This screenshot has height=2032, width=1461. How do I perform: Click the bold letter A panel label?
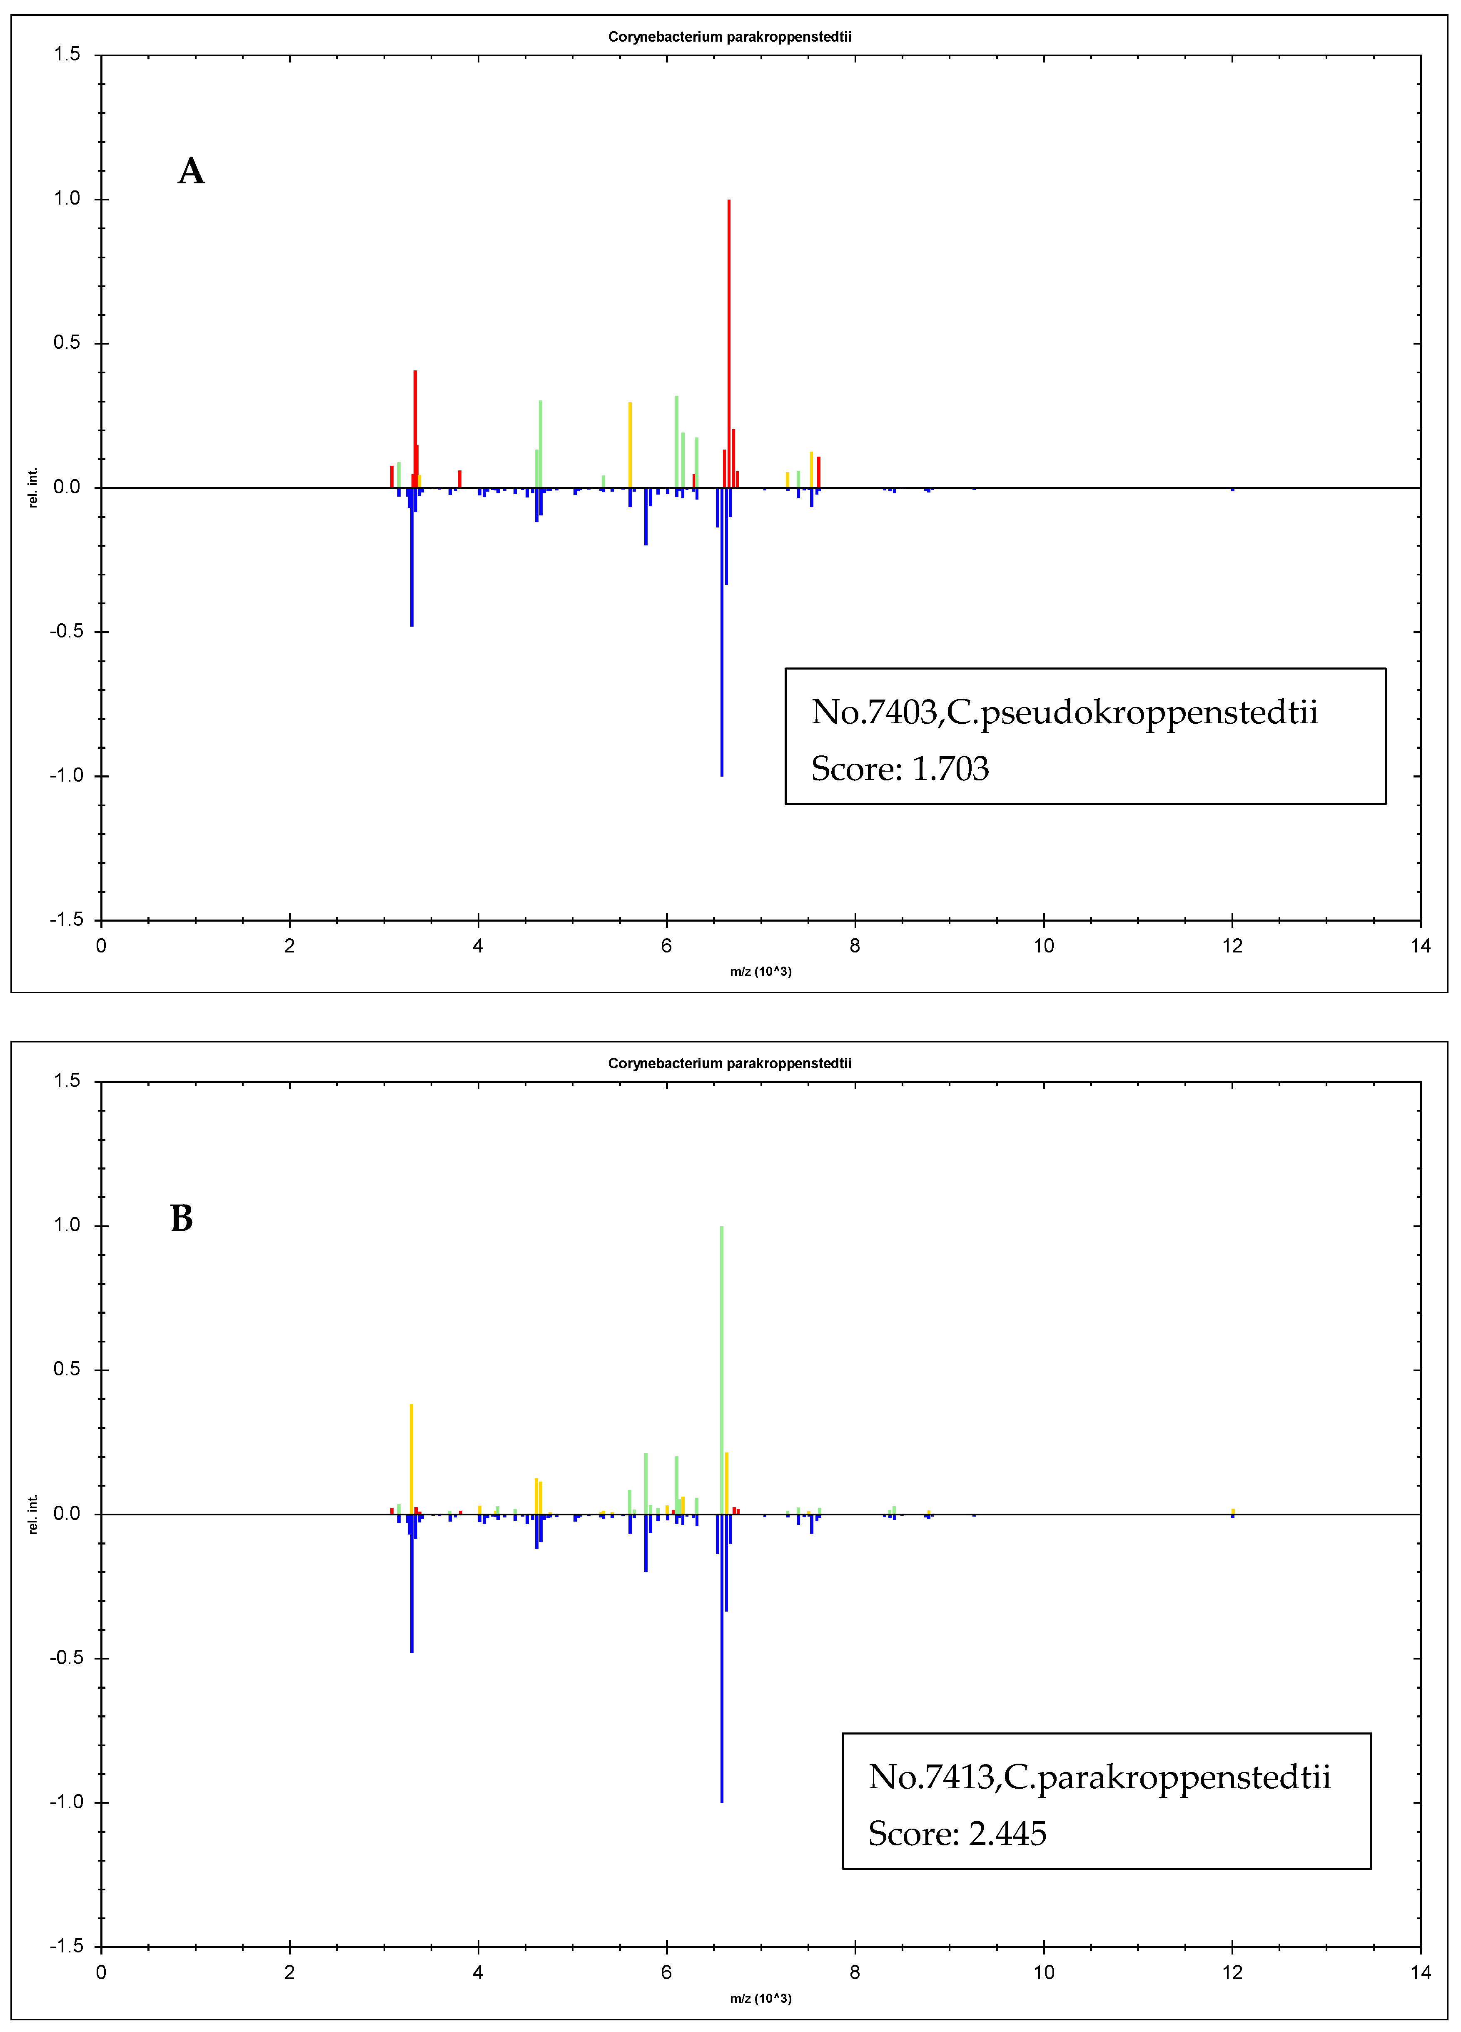click(191, 171)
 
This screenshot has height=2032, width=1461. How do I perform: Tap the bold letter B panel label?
click(182, 1218)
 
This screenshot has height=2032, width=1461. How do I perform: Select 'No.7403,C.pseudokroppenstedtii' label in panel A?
click(1064, 712)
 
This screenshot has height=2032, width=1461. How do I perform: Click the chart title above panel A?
click(729, 37)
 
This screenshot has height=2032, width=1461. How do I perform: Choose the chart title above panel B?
click(729, 1063)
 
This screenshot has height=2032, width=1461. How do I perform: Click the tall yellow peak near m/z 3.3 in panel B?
click(411, 1460)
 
